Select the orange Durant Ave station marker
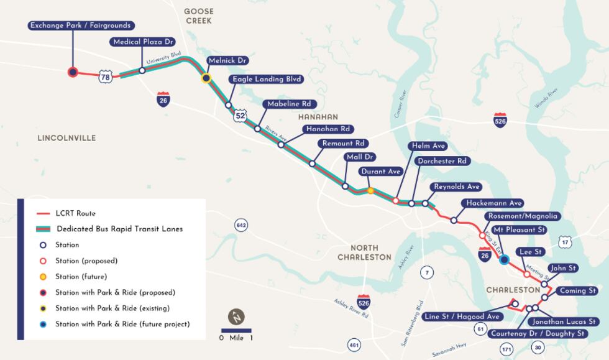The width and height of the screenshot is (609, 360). click(370, 191)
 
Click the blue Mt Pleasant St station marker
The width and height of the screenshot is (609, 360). click(505, 259)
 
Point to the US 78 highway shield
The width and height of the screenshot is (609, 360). click(106, 78)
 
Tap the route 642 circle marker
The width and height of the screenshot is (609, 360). click(242, 224)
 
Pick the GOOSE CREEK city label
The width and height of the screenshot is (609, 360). click(199, 16)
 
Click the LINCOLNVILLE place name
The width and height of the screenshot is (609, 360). click(66, 138)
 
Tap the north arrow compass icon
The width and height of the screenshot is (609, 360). click(236, 316)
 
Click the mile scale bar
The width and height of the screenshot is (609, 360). click(236, 330)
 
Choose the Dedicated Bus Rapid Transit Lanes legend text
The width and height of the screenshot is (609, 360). click(119, 229)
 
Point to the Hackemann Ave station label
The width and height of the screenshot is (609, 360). click(492, 203)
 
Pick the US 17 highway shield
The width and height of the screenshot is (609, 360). click(564, 241)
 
